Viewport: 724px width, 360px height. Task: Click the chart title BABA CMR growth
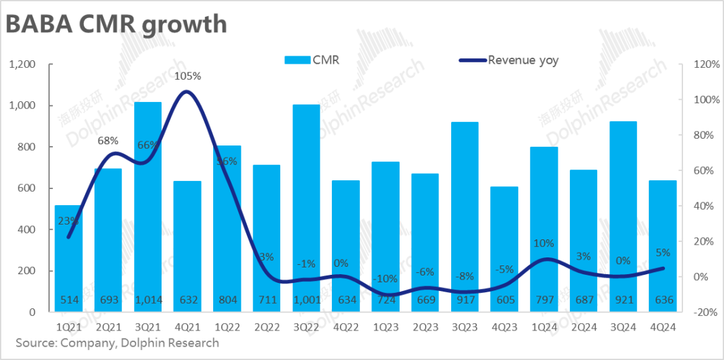point(115,25)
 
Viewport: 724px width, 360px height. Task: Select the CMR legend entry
point(312,60)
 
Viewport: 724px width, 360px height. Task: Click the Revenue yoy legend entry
point(509,60)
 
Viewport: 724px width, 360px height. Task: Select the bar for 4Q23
point(504,248)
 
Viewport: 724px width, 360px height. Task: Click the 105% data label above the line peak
point(187,76)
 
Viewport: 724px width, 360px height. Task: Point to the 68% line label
point(108,141)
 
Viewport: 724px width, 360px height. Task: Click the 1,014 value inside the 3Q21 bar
point(147,300)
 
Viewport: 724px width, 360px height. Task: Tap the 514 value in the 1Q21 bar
point(68,300)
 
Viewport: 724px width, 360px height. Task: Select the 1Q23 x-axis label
point(385,327)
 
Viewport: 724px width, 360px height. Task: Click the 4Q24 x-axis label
point(662,327)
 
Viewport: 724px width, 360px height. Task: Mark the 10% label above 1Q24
point(544,243)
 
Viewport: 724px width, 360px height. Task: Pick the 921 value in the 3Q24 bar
point(623,300)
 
